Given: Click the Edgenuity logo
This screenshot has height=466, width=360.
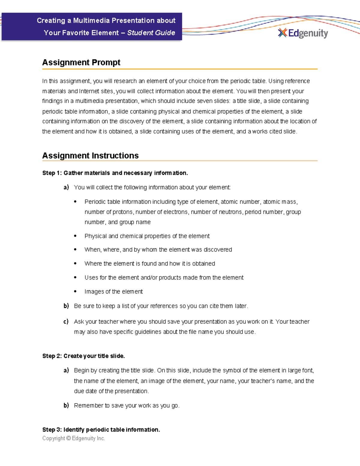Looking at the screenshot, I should [x=303, y=33].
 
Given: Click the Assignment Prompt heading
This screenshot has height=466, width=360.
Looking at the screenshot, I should [x=81, y=62].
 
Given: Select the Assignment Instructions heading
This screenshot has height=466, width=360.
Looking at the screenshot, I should [x=90, y=155].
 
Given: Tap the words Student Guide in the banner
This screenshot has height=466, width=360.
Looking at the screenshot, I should [x=151, y=33].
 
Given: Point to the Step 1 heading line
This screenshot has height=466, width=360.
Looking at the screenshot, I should [x=115, y=173].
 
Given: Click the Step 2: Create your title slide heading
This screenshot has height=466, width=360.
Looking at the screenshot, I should [x=83, y=356].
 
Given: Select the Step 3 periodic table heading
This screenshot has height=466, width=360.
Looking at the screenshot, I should [x=101, y=430].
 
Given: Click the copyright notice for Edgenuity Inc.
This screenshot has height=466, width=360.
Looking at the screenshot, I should [x=73, y=438].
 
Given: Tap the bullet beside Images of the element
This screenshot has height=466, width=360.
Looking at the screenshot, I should [x=75, y=291].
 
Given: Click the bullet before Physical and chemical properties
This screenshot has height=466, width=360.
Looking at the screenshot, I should [x=75, y=236].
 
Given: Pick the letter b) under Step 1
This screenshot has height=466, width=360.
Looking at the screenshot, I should [x=66, y=306].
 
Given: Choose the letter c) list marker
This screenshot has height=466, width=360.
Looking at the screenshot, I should [x=66, y=321].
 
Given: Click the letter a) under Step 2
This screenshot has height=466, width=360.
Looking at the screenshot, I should [x=66, y=370].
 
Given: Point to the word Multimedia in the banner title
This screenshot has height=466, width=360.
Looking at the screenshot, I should [x=91, y=20].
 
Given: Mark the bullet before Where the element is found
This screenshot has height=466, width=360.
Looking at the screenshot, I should [x=75, y=263].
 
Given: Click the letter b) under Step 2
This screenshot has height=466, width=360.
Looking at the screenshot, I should [x=66, y=405].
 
